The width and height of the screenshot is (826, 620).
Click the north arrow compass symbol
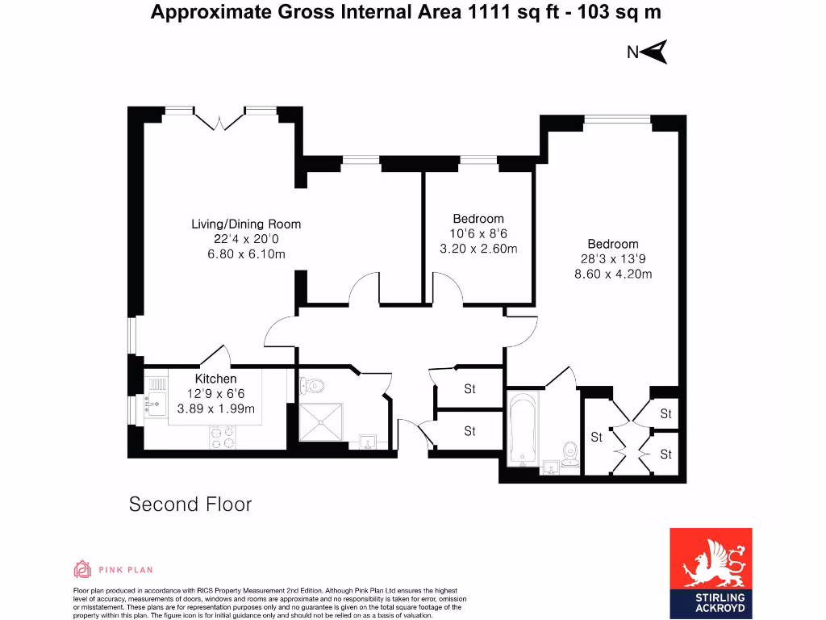coord(655,52)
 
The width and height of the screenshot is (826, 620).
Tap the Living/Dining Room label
coord(245,224)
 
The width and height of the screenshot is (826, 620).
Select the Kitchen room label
coord(215,379)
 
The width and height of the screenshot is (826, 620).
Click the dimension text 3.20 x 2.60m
coord(478,249)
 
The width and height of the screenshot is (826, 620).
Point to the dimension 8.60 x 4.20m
coord(612,274)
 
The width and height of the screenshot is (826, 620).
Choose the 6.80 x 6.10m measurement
coord(245,254)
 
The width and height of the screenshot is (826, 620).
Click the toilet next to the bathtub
coord(570,455)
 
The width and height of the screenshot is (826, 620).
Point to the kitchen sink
coord(154,400)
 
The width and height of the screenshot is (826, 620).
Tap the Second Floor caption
coord(190,505)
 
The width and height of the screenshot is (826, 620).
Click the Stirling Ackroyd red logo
coord(711,571)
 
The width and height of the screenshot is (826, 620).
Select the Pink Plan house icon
coord(82,570)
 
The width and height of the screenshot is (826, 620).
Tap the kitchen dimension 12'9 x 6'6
coord(215,393)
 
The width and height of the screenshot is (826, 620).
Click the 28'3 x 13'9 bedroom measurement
coord(612,259)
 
